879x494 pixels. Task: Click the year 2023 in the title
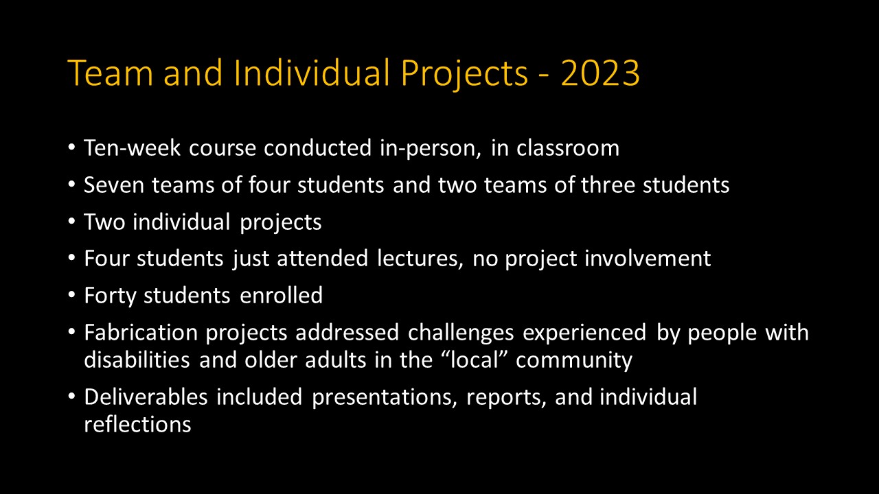600,73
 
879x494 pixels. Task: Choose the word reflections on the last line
137,425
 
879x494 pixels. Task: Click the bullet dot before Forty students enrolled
72,296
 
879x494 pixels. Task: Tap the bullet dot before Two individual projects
72,222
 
